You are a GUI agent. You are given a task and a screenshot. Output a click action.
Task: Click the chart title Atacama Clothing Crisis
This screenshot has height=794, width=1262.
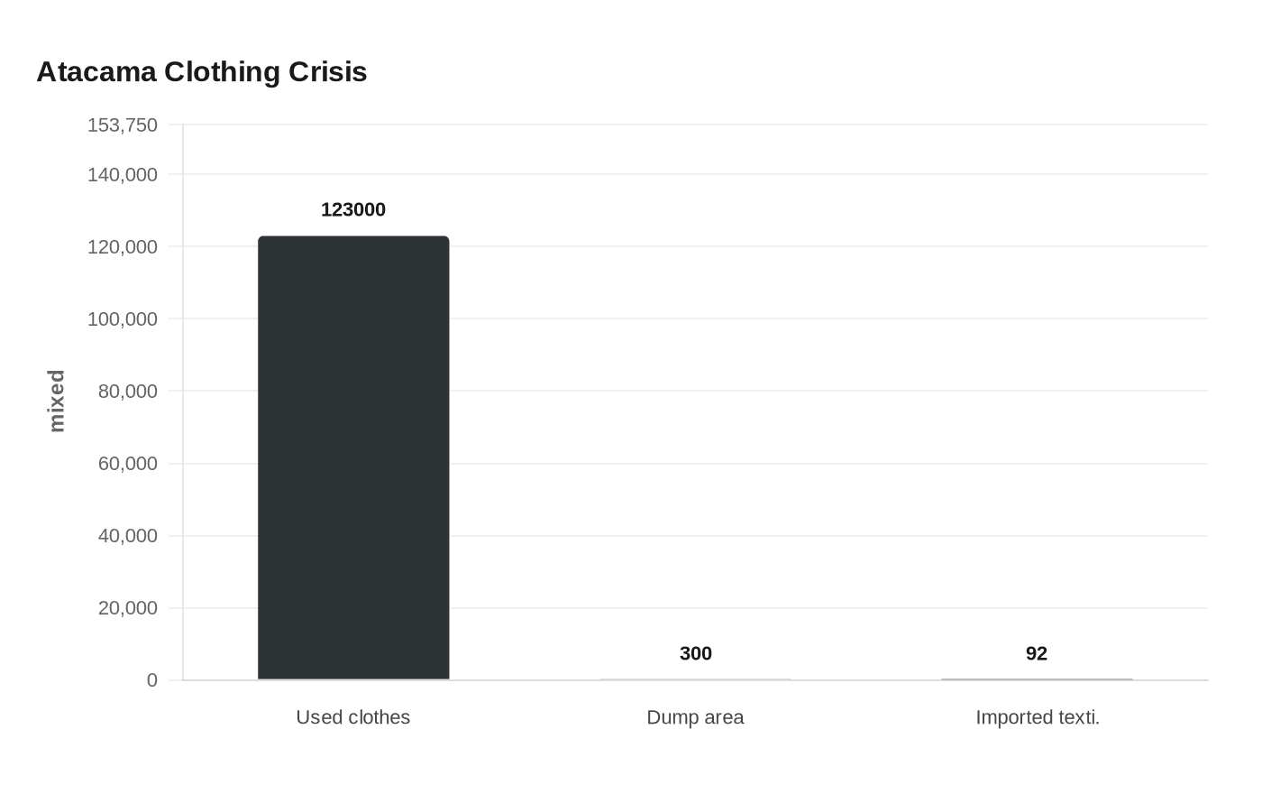point(201,71)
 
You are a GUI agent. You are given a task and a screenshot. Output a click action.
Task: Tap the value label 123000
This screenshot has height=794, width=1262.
point(353,209)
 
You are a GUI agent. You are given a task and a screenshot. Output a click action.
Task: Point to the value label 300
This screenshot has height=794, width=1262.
point(695,653)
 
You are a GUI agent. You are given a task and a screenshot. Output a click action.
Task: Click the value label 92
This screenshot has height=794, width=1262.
point(1037,653)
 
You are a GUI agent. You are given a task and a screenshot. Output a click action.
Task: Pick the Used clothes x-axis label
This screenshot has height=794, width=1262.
point(353,717)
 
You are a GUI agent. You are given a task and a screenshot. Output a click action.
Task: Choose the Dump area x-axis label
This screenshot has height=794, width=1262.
point(695,717)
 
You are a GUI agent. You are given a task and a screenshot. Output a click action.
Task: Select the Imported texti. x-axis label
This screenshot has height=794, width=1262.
point(1037,717)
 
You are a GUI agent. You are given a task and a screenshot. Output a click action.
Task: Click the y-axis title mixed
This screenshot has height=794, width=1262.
point(57,401)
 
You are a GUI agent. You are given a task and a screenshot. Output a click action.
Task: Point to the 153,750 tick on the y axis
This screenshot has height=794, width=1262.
point(123,125)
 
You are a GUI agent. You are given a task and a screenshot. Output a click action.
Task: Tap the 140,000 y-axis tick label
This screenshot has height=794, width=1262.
point(123,174)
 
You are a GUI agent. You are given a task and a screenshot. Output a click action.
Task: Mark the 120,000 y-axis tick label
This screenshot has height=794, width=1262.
point(123,246)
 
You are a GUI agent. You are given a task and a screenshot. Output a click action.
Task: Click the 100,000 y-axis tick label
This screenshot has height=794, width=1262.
point(123,319)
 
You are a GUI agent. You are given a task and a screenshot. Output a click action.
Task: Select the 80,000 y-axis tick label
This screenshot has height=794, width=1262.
point(127,392)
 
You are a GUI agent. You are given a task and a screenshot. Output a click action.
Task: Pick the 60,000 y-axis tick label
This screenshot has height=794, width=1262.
point(127,464)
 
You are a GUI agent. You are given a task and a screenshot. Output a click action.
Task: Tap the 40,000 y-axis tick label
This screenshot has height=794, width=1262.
point(127,536)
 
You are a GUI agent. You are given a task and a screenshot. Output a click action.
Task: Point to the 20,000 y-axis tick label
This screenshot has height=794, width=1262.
point(127,608)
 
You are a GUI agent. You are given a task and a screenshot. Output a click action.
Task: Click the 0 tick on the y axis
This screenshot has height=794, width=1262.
point(152,680)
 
